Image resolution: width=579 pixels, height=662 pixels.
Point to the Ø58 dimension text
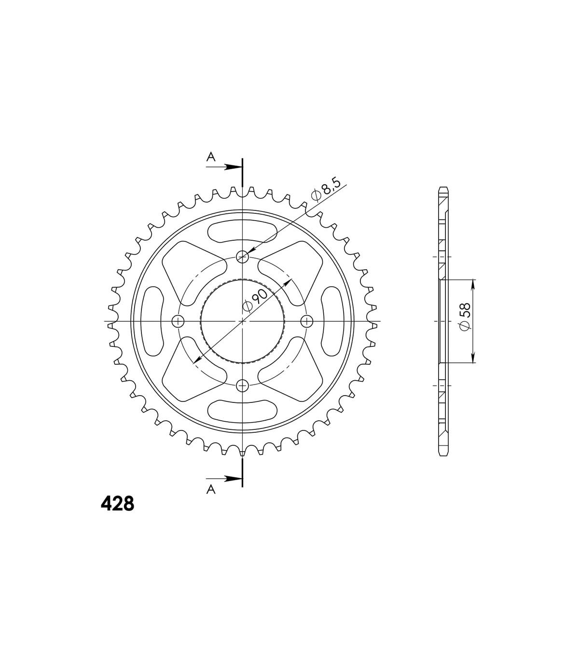click(465, 317)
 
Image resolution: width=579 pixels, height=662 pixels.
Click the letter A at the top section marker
click(211, 157)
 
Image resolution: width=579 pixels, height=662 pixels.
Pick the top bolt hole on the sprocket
click(242, 257)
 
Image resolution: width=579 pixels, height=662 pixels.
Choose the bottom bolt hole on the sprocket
click(242, 386)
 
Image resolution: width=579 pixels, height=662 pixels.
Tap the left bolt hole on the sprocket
click(178, 321)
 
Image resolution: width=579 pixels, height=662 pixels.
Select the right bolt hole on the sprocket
click(307, 321)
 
